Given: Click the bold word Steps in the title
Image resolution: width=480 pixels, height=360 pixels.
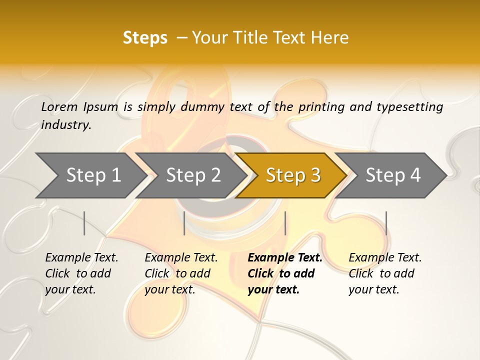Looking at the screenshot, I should point(145,38).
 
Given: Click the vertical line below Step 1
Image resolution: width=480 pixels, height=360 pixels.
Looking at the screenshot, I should point(84,223).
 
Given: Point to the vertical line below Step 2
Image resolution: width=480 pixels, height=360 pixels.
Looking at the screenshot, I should point(184,223).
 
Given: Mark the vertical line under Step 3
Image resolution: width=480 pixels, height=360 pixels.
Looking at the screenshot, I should point(285,223).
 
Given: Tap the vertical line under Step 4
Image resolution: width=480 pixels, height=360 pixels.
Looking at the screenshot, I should point(386,223).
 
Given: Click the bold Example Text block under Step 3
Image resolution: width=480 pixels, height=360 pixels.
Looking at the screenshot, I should point(285,273).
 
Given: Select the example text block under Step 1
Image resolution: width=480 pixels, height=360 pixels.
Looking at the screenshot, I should point(81,273).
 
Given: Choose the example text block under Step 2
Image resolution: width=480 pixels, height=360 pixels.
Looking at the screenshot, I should point(181,273).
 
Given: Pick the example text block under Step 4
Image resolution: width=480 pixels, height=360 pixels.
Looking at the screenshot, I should point(385,273).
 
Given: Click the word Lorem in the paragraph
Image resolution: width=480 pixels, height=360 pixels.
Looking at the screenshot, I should point(59,107).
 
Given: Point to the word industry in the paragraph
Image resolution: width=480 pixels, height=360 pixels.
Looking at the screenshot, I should point(65,125).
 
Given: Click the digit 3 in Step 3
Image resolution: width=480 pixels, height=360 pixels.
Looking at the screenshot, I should point(315,175).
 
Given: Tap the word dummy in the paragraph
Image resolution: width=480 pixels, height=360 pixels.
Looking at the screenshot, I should point(203,107).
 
